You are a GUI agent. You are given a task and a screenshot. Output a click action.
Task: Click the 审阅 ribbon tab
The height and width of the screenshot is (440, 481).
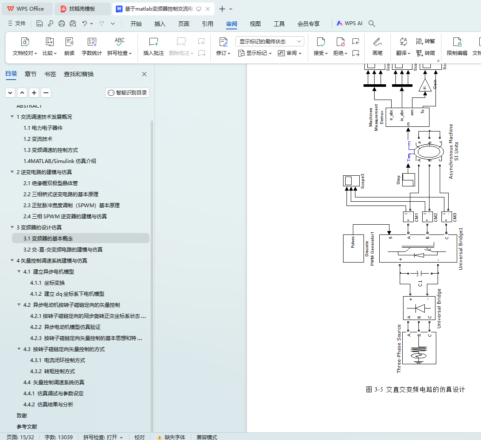point(232,24)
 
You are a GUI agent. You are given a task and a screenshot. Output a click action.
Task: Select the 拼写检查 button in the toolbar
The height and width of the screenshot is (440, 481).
point(120,46)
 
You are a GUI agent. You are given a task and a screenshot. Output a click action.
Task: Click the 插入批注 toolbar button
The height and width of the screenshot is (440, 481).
point(154,46)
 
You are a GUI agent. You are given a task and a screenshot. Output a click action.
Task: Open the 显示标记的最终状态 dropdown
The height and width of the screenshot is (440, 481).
point(270,41)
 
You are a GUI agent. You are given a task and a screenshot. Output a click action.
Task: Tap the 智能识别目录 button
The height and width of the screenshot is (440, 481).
point(127,93)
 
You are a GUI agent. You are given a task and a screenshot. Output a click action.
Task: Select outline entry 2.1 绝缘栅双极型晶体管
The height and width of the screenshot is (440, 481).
point(51,183)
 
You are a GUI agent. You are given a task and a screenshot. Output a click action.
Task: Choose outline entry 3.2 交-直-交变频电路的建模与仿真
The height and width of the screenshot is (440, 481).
point(63,250)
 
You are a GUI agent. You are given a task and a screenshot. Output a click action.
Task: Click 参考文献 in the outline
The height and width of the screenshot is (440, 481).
point(27,427)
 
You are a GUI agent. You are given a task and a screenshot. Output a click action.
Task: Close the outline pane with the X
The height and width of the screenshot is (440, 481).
point(144,74)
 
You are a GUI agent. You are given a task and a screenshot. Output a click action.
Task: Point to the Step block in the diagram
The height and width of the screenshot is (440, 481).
point(409,180)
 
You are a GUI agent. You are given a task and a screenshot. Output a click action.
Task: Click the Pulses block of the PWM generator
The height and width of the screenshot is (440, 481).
point(352,249)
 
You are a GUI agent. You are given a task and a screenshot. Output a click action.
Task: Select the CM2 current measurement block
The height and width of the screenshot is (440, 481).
point(427,217)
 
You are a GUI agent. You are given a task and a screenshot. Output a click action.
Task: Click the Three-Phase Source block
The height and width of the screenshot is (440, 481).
point(419,348)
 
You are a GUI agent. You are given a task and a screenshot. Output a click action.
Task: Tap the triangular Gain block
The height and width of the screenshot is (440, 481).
point(424,86)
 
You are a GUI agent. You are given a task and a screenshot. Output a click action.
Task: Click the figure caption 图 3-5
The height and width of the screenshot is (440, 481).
point(415,390)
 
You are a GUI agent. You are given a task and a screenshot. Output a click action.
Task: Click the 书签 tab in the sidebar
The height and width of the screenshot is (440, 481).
point(50,74)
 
